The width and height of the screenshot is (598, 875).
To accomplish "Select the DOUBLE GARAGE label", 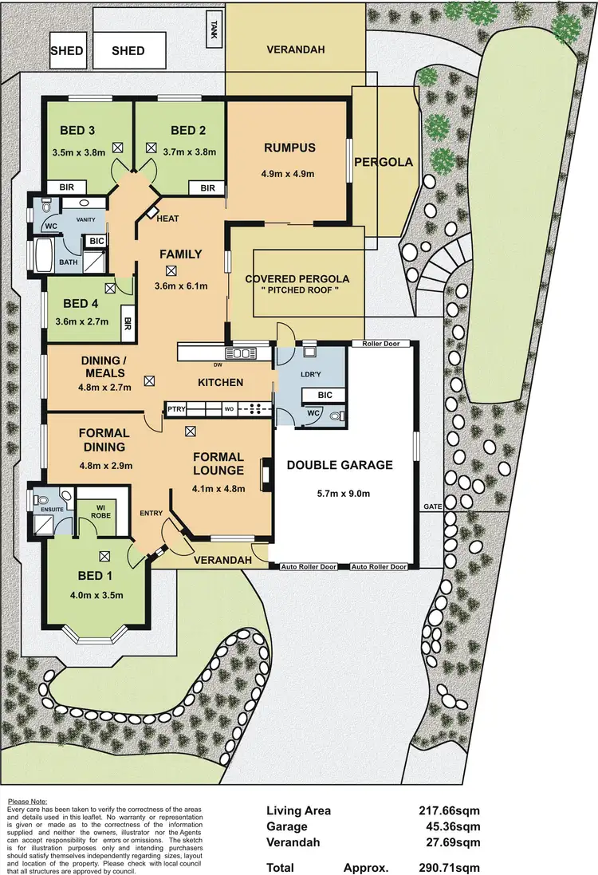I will pyautogui.click(x=340, y=465).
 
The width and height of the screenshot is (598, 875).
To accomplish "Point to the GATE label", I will pyautogui.click(x=433, y=506).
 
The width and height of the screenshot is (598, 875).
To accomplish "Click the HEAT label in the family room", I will pyautogui.click(x=168, y=219).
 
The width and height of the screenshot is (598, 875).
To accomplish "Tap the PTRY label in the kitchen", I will pyautogui.click(x=176, y=409).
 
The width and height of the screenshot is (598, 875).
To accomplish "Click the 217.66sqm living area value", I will pyautogui.click(x=450, y=811).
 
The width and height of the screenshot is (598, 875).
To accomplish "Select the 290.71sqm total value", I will pyautogui.click(x=450, y=867).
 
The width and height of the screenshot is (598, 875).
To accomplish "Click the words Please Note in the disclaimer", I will pyautogui.click(x=27, y=801).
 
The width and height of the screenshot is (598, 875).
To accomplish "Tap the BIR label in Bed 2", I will pyautogui.click(x=207, y=188).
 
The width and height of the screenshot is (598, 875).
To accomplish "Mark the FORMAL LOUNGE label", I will pyautogui.click(x=218, y=463).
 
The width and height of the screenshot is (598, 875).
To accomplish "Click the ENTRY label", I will pyautogui.click(x=151, y=513).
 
